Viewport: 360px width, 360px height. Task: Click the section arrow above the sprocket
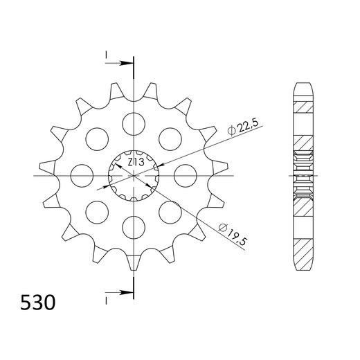click(x=125, y=64)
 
